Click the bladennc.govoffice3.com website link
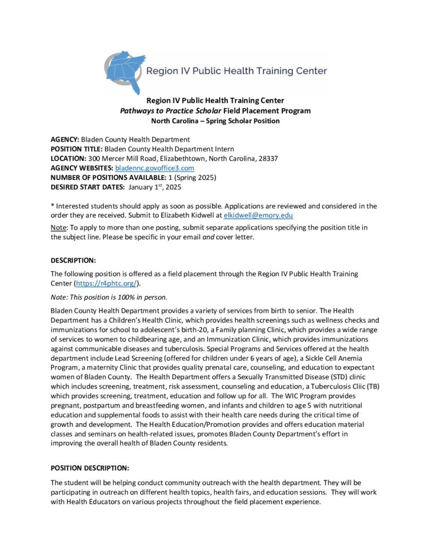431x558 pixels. [x=154, y=168]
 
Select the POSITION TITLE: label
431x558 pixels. [x=76, y=149]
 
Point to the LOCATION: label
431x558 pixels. [x=69, y=158]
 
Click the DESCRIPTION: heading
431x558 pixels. [x=73, y=260]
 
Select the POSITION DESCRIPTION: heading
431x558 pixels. [x=89, y=468]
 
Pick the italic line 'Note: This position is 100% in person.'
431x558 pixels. [x=113, y=298]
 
